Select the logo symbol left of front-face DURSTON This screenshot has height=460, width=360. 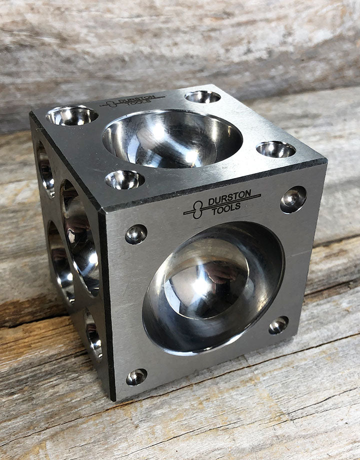tap(198, 210)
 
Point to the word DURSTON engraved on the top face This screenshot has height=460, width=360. tap(138, 99)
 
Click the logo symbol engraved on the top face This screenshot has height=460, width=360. tap(111, 104)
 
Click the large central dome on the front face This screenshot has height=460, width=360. tap(213, 288)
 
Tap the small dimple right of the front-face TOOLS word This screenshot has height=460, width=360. tap(293, 199)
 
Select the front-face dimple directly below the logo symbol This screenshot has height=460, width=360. tap(136, 234)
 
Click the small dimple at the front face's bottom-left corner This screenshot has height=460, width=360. tap(136, 376)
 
